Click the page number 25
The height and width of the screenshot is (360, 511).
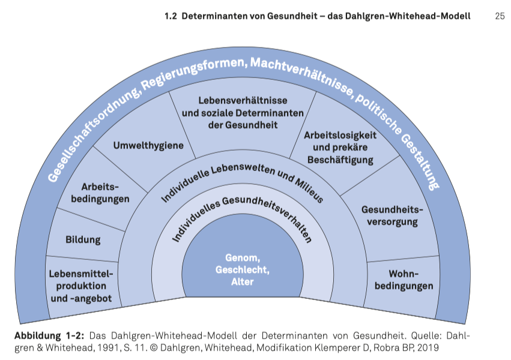point(500,17)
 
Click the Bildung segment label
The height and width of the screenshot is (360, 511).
point(83,240)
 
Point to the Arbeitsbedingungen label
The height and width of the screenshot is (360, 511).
point(100,193)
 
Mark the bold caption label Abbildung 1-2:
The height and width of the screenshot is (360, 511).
point(48,335)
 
